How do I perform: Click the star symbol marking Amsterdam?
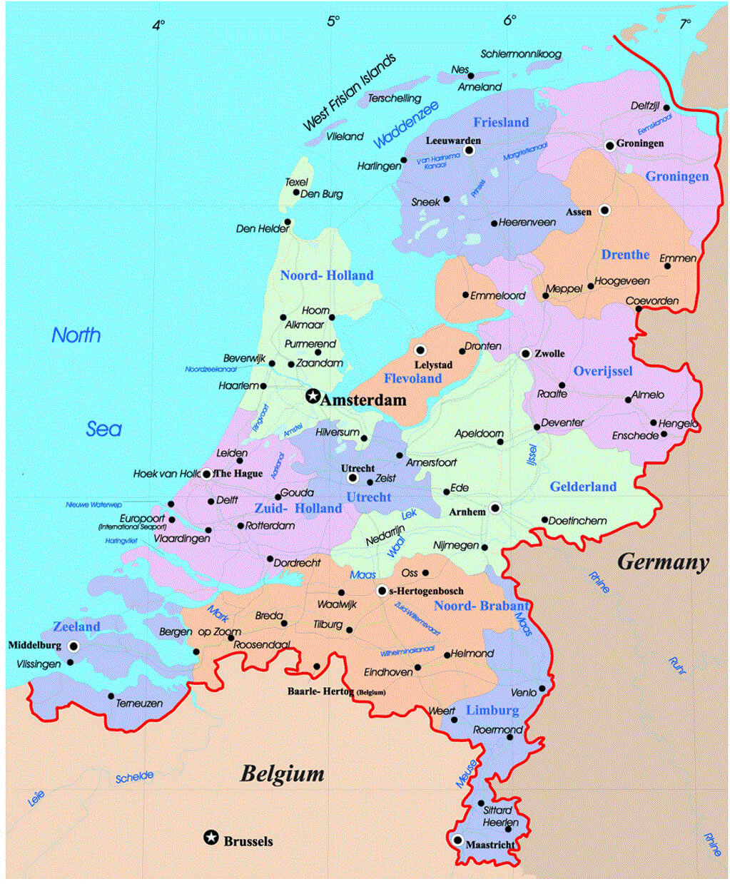[x=312, y=396]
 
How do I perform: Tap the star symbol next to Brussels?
[x=211, y=838]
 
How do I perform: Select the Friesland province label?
[x=501, y=122]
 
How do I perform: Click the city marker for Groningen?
[x=610, y=146]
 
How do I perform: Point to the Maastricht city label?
[x=490, y=845]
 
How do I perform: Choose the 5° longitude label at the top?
[x=334, y=21]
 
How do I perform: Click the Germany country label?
[x=663, y=562]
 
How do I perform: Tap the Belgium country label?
[x=282, y=773]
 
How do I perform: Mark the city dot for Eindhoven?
[x=418, y=668]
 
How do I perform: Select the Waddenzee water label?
[x=405, y=124]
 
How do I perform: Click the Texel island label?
[x=296, y=182]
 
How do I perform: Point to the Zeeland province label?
[x=76, y=626]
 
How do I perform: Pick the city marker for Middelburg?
[x=73, y=646]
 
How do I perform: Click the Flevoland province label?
[x=413, y=378]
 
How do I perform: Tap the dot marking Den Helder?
[x=288, y=222]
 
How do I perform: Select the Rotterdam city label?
[x=270, y=526]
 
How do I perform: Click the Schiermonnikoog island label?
[x=521, y=54]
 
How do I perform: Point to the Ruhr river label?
[x=677, y=666]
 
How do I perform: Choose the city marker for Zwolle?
[x=526, y=353]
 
